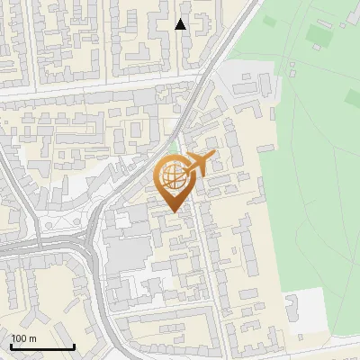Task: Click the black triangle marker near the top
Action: click(181, 24)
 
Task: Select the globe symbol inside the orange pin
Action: click(172, 175)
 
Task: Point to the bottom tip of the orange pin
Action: click(174, 212)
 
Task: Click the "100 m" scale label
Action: click(23, 337)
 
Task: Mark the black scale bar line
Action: click(42, 346)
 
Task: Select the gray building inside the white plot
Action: click(294, 307)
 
